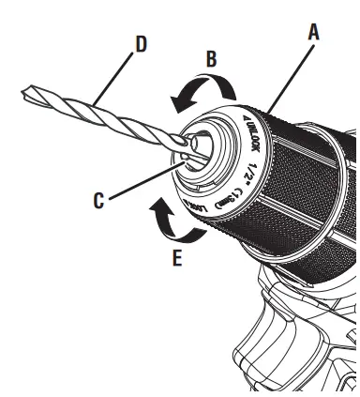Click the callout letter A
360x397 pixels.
pos(313,31)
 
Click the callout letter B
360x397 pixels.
pos(213,57)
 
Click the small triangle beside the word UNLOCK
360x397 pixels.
pos(246,119)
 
